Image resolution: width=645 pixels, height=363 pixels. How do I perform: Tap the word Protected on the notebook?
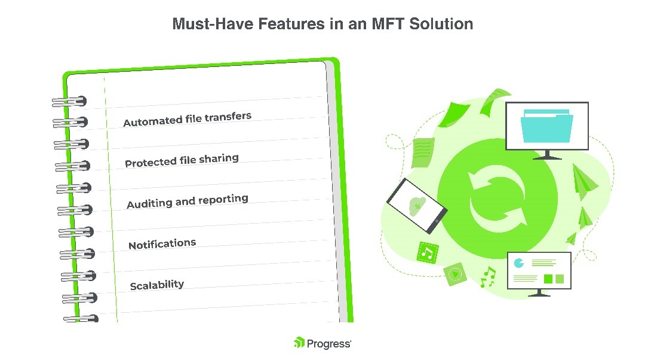pos(150,163)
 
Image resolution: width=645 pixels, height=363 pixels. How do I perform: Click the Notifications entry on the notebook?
pos(162,244)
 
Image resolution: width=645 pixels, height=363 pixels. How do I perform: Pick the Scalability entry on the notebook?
pos(156,285)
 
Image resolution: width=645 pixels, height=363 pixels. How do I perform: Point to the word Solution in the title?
pos(441,24)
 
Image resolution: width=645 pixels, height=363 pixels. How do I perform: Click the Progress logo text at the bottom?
pos(328,344)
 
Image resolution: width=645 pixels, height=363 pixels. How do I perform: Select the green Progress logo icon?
pos(299,343)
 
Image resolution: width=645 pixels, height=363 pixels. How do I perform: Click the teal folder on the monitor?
pos(546,126)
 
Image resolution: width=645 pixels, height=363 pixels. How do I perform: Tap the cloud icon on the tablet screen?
pos(417,205)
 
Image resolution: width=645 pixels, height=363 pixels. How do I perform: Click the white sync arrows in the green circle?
pos(497,199)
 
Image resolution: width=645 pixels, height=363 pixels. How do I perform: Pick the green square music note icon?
pos(428,252)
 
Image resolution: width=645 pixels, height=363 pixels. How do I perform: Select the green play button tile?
pos(455,274)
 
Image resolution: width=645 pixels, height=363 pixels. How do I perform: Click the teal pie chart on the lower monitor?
pos(519,263)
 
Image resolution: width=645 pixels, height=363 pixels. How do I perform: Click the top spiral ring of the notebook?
pos(69,101)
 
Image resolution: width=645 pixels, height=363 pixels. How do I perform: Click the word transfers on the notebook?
pos(228,117)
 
